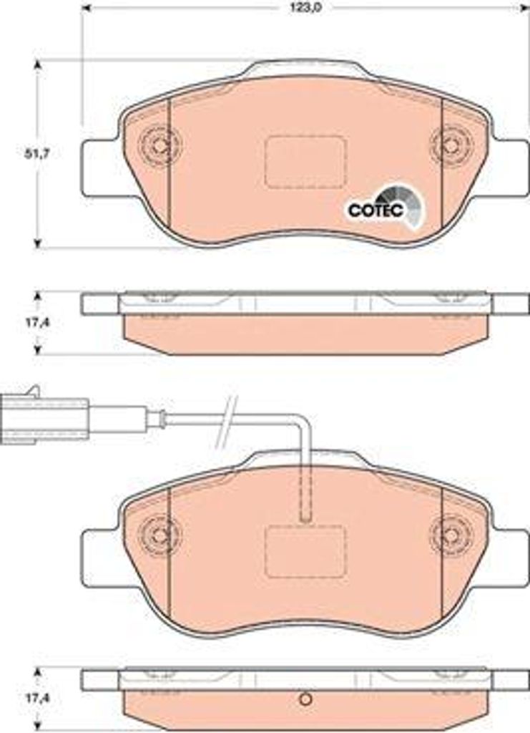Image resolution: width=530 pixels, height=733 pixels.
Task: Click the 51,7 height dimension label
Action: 37,153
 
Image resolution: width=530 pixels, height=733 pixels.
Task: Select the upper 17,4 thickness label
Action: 38,322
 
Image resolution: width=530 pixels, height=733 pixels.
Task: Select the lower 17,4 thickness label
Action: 38,699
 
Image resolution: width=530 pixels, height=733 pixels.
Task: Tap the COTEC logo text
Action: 376,210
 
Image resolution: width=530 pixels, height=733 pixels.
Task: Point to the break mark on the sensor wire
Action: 225,421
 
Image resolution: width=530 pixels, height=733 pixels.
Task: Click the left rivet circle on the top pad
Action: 160,146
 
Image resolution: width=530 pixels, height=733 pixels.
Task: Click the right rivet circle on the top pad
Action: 450,146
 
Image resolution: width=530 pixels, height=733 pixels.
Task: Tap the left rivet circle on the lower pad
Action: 160,534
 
